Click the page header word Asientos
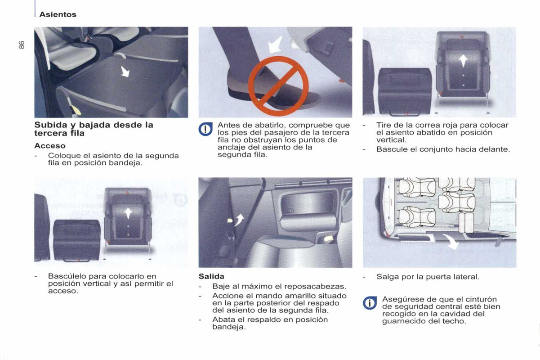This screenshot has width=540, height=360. point(58,14)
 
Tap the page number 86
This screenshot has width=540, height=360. point(22,45)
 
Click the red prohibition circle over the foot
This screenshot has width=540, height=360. point(278,86)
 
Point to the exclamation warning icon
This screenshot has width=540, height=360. point(205,129)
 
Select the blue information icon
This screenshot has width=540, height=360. point(370,303)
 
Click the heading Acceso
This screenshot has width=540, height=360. point(50,146)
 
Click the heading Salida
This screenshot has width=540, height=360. point(211,276)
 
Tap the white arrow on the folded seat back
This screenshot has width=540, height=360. point(125,72)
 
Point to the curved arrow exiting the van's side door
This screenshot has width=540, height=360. point(451,241)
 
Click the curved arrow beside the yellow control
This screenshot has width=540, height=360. point(239,220)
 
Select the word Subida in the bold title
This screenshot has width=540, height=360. point(51,125)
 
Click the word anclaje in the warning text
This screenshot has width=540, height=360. point(232,148)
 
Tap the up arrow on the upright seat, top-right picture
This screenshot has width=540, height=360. point(463,61)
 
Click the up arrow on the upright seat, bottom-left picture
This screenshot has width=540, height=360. point(128,213)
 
